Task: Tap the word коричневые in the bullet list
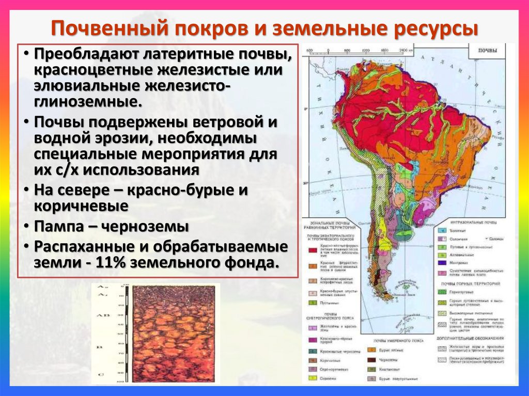[81, 206]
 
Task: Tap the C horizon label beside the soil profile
[101, 373]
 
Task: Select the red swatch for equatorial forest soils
[313, 250]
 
